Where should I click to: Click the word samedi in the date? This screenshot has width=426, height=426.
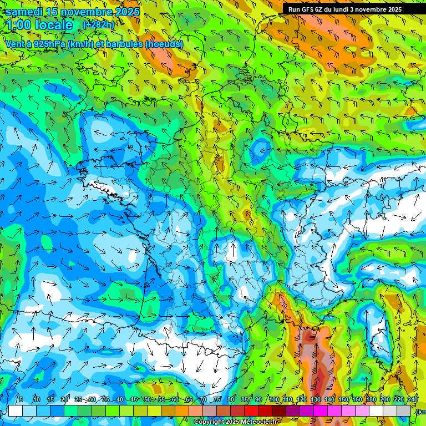coord(24,12)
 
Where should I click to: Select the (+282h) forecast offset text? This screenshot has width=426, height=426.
coord(99,24)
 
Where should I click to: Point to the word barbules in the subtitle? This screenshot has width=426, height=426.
coord(125,44)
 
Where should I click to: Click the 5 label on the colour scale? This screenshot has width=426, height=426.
coord(21,399)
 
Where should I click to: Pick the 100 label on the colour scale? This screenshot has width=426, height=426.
coord(273,399)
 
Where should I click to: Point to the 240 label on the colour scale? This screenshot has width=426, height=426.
coord(413,399)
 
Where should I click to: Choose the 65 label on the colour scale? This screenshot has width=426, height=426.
coord(189,399)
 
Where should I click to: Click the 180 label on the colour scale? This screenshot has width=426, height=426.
coord(371,399)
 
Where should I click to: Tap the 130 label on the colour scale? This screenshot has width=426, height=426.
coord(316,399)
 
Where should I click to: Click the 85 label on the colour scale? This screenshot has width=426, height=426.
coord(245,399)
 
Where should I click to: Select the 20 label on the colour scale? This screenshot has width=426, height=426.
coord(64,399)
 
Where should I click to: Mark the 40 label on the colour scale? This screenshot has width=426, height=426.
coord(120,399)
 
